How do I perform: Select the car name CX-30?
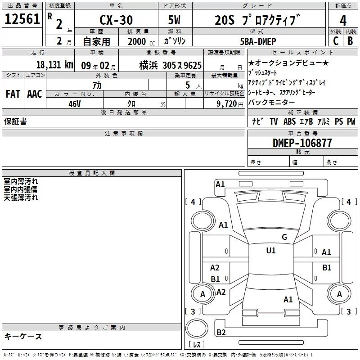click(x=116, y=20)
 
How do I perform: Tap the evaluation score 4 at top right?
click(x=343, y=20)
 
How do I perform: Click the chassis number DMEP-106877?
click(x=302, y=143)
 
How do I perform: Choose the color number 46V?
click(x=74, y=103)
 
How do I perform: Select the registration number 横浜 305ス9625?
click(x=170, y=65)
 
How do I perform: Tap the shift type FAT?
click(x=13, y=94)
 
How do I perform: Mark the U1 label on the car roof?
click(x=271, y=251)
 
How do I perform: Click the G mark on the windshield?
click(x=284, y=237)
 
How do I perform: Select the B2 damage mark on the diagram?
click(x=221, y=333)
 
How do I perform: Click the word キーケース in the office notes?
click(x=23, y=337)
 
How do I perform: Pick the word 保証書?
click(x=15, y=121)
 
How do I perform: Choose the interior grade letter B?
click(x=350, y=41)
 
